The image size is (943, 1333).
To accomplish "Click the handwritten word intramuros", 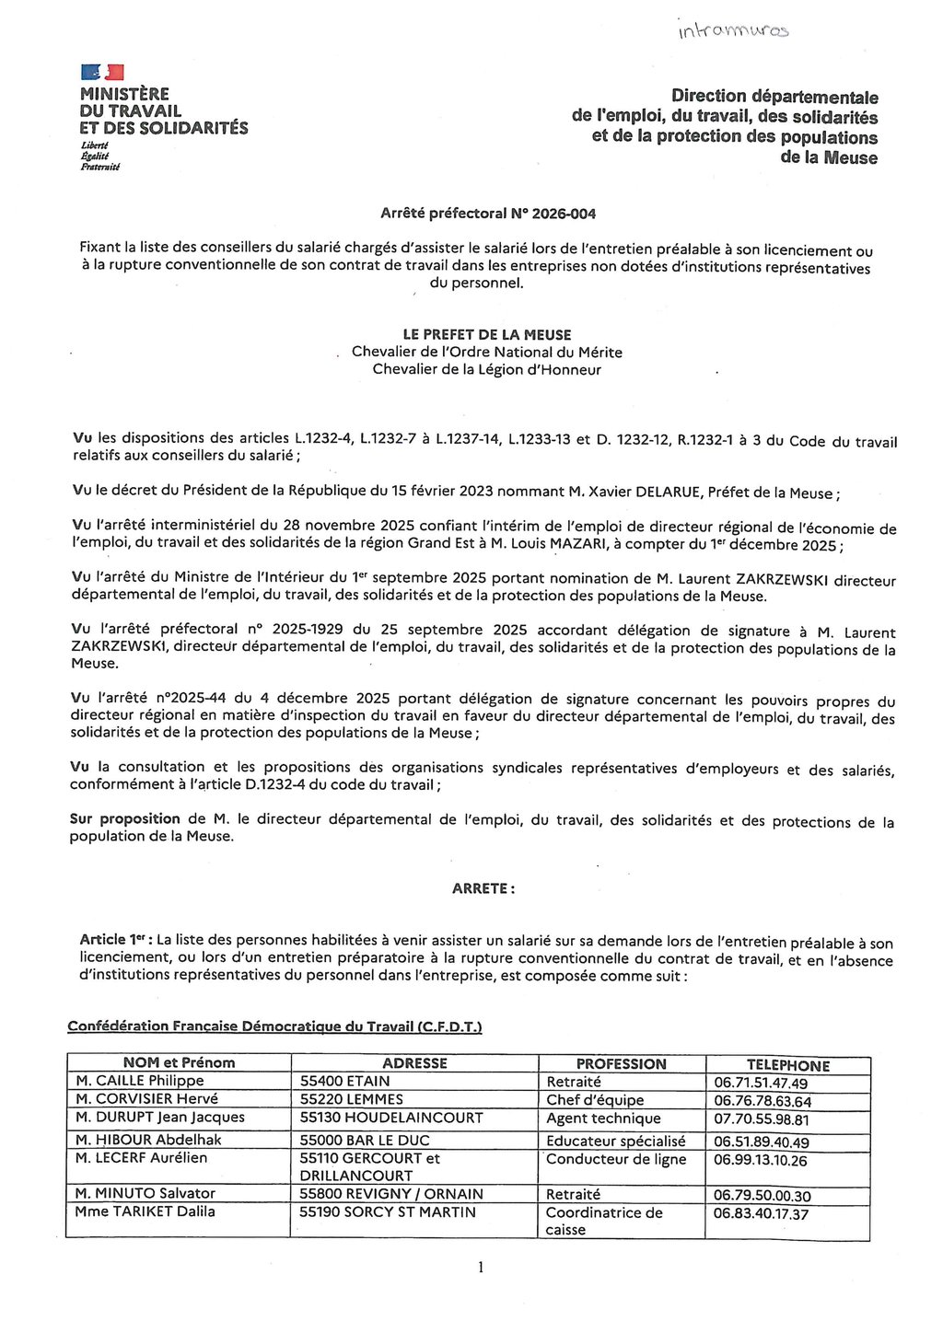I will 733,30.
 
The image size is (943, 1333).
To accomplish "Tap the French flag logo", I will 102,72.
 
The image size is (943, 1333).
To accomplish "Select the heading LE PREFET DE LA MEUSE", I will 487,335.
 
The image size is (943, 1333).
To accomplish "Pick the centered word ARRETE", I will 483,888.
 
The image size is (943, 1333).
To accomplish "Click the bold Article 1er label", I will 115,940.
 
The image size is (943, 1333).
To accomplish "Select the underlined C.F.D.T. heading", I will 274,1026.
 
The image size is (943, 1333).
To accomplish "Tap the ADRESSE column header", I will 414,1063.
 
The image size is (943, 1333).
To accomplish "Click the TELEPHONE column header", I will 787,1065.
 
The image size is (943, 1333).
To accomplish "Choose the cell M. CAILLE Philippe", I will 140,1081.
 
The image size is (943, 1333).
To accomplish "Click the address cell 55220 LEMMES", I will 352,1099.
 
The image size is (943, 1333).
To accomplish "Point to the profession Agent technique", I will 603,1119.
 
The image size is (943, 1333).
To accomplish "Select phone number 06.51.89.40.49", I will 761,1142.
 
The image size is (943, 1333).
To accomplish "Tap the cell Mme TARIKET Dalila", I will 145,1211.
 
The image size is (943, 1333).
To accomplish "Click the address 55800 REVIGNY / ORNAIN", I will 390,1194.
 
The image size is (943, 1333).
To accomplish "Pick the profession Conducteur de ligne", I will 616,1159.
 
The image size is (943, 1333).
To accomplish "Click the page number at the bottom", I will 481,1268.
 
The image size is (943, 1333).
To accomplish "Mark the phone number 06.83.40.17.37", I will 761,1214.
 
